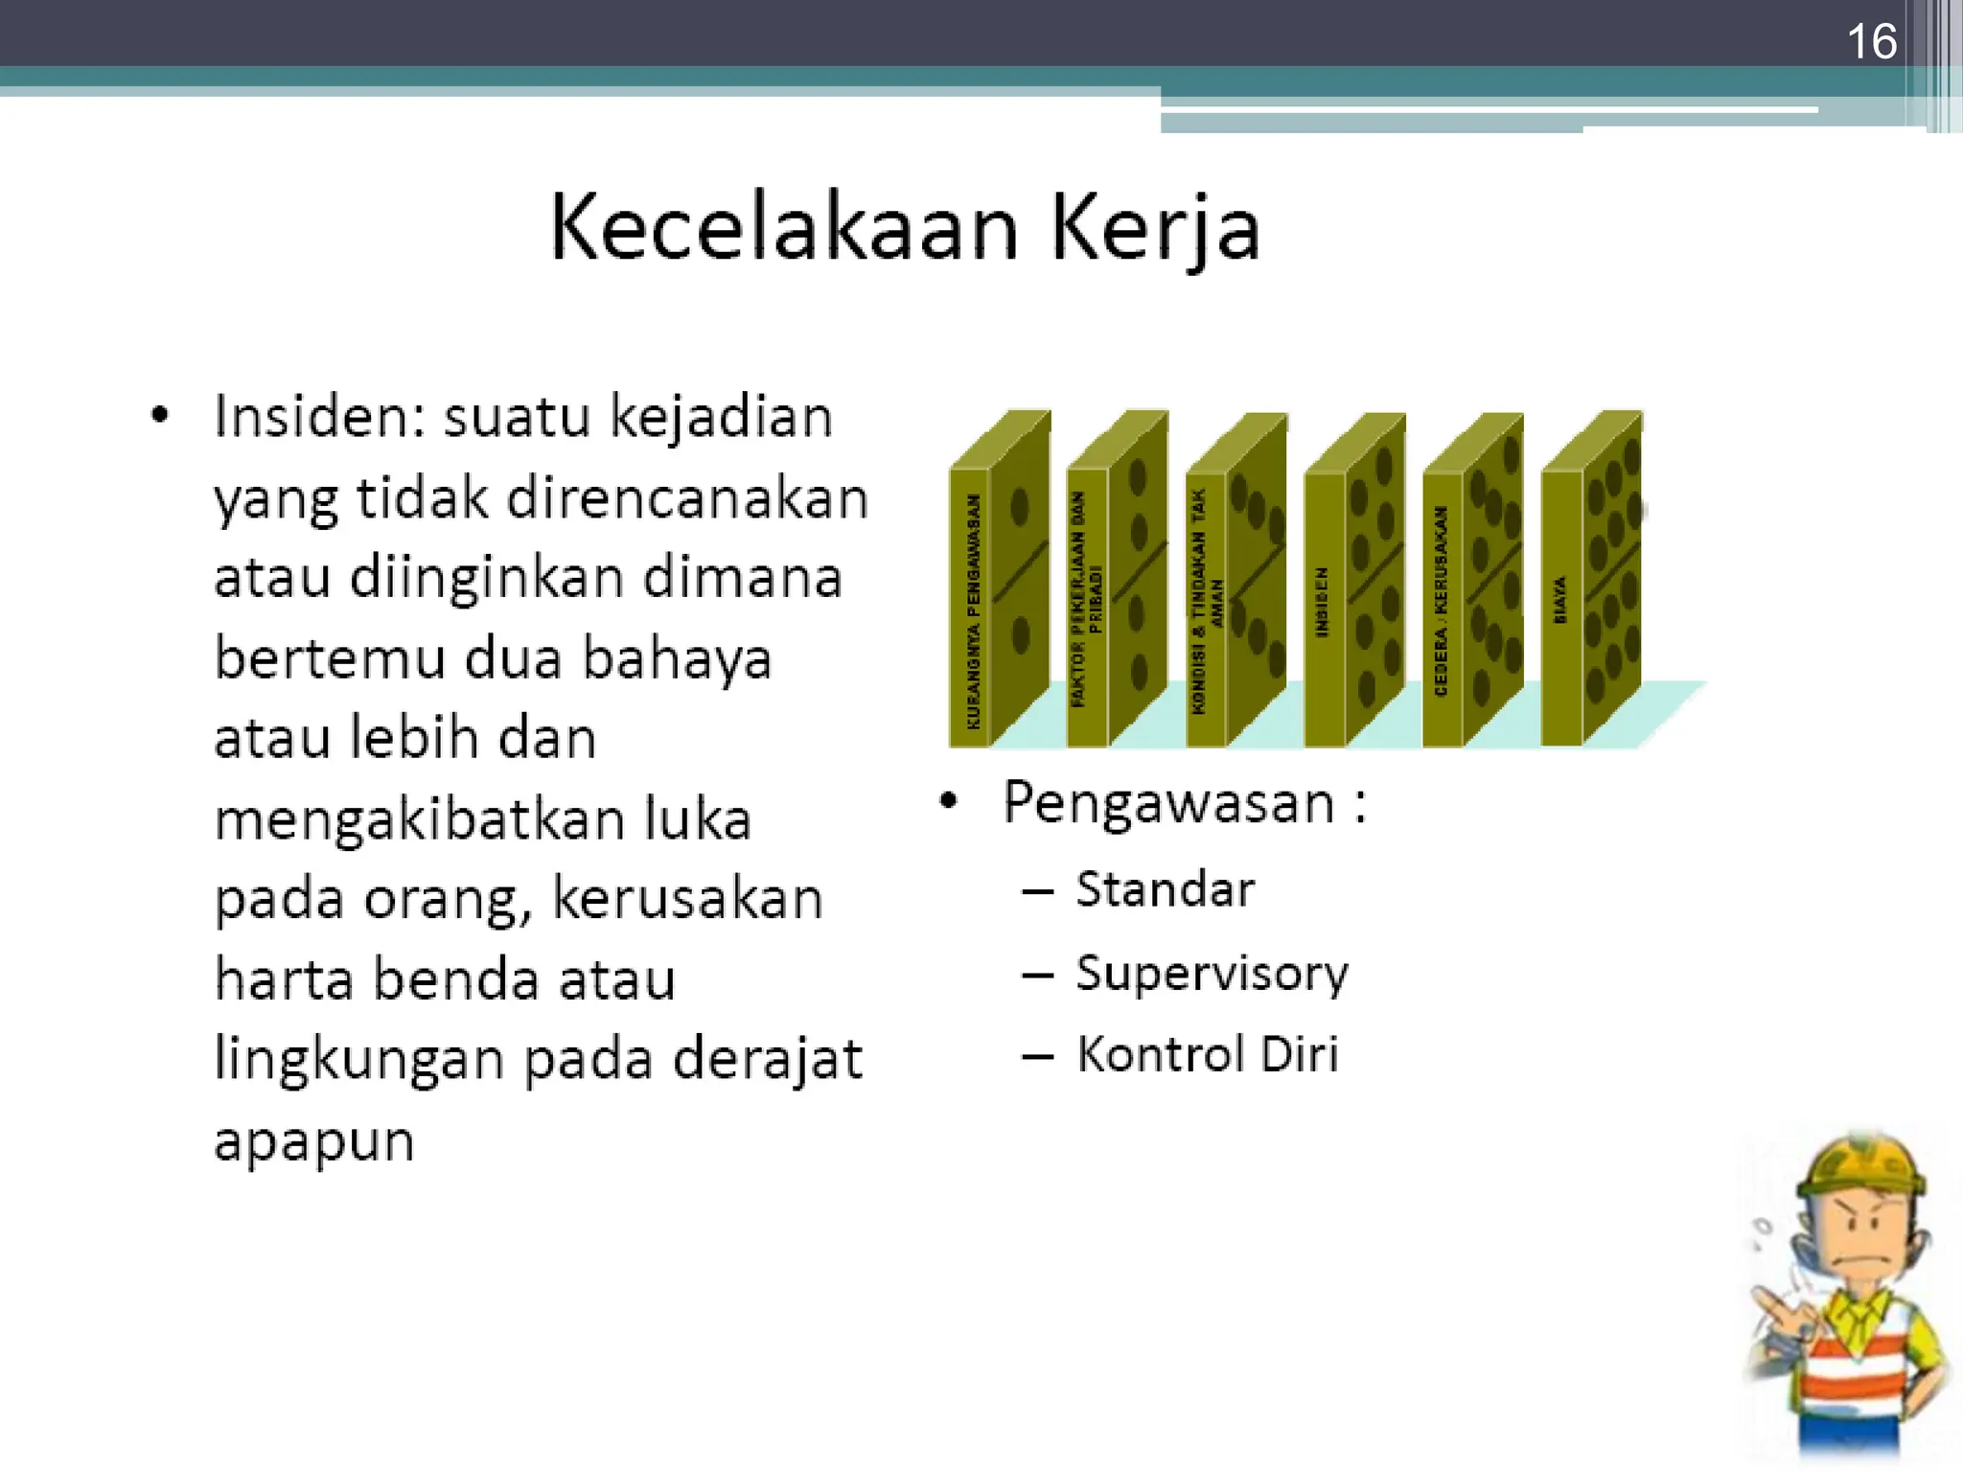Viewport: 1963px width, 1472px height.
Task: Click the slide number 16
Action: point(1871,42)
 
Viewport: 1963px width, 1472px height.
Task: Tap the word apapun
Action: point(313,1140)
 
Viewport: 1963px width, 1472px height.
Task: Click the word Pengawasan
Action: point(1167,802)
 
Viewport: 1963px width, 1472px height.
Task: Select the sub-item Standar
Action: point(1165,889)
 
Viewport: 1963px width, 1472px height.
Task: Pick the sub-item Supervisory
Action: point(1212,973)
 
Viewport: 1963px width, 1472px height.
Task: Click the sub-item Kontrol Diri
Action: point(1207,1054)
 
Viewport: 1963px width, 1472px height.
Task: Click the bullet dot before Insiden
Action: point(160,417)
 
